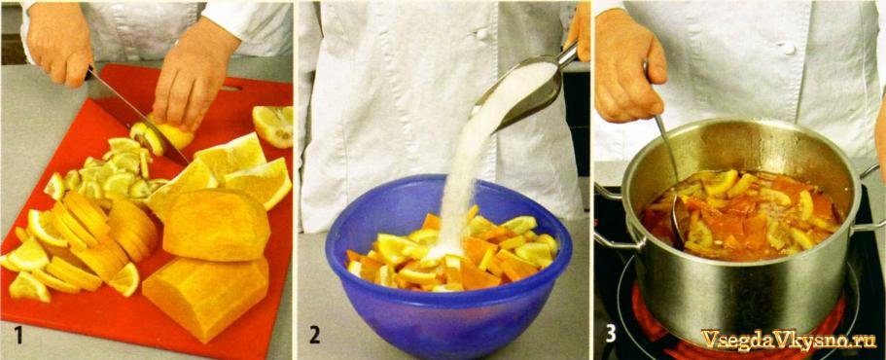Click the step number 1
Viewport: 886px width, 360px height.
click(x=18, y=335)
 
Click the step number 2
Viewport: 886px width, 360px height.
click(x=315, y=335)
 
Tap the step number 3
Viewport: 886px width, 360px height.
click(x=611, y=334)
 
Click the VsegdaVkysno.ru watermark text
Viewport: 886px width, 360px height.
click(x=788, y=340)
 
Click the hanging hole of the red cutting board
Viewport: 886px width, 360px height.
click(x=231, y=89)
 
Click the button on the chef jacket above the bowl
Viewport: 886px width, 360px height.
click(x=481, y=34)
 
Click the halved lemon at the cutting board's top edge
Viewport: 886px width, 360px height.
click(x=272, y=125)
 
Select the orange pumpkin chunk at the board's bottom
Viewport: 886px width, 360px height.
click(x=205, y=299)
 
